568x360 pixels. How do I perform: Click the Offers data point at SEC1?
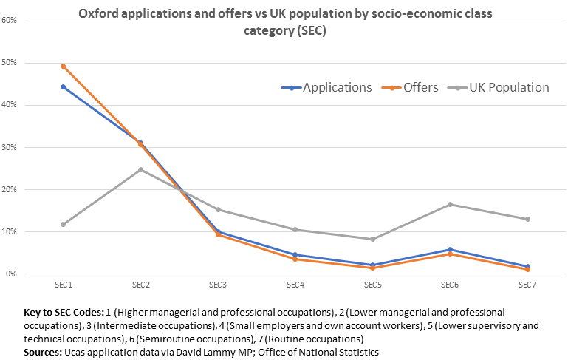click(x=63, y=66)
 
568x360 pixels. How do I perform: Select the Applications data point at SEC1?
click(x=63, y=86)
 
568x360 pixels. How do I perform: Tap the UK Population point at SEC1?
click(x=63, y=224)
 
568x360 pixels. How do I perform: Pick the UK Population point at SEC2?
click(x=140, y=169)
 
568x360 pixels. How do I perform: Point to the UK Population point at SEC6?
click(x=450, y=204)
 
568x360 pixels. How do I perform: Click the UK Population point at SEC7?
click(x=527, y=219)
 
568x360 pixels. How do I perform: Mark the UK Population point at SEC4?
click(x=295, y=229)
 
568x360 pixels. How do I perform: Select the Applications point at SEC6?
click(x=450, y=249)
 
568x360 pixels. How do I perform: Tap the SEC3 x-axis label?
click(x=218, y=287)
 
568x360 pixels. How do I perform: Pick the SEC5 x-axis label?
click(x=372, y=287)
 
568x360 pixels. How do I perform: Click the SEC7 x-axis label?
click(x=527, y=287)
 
